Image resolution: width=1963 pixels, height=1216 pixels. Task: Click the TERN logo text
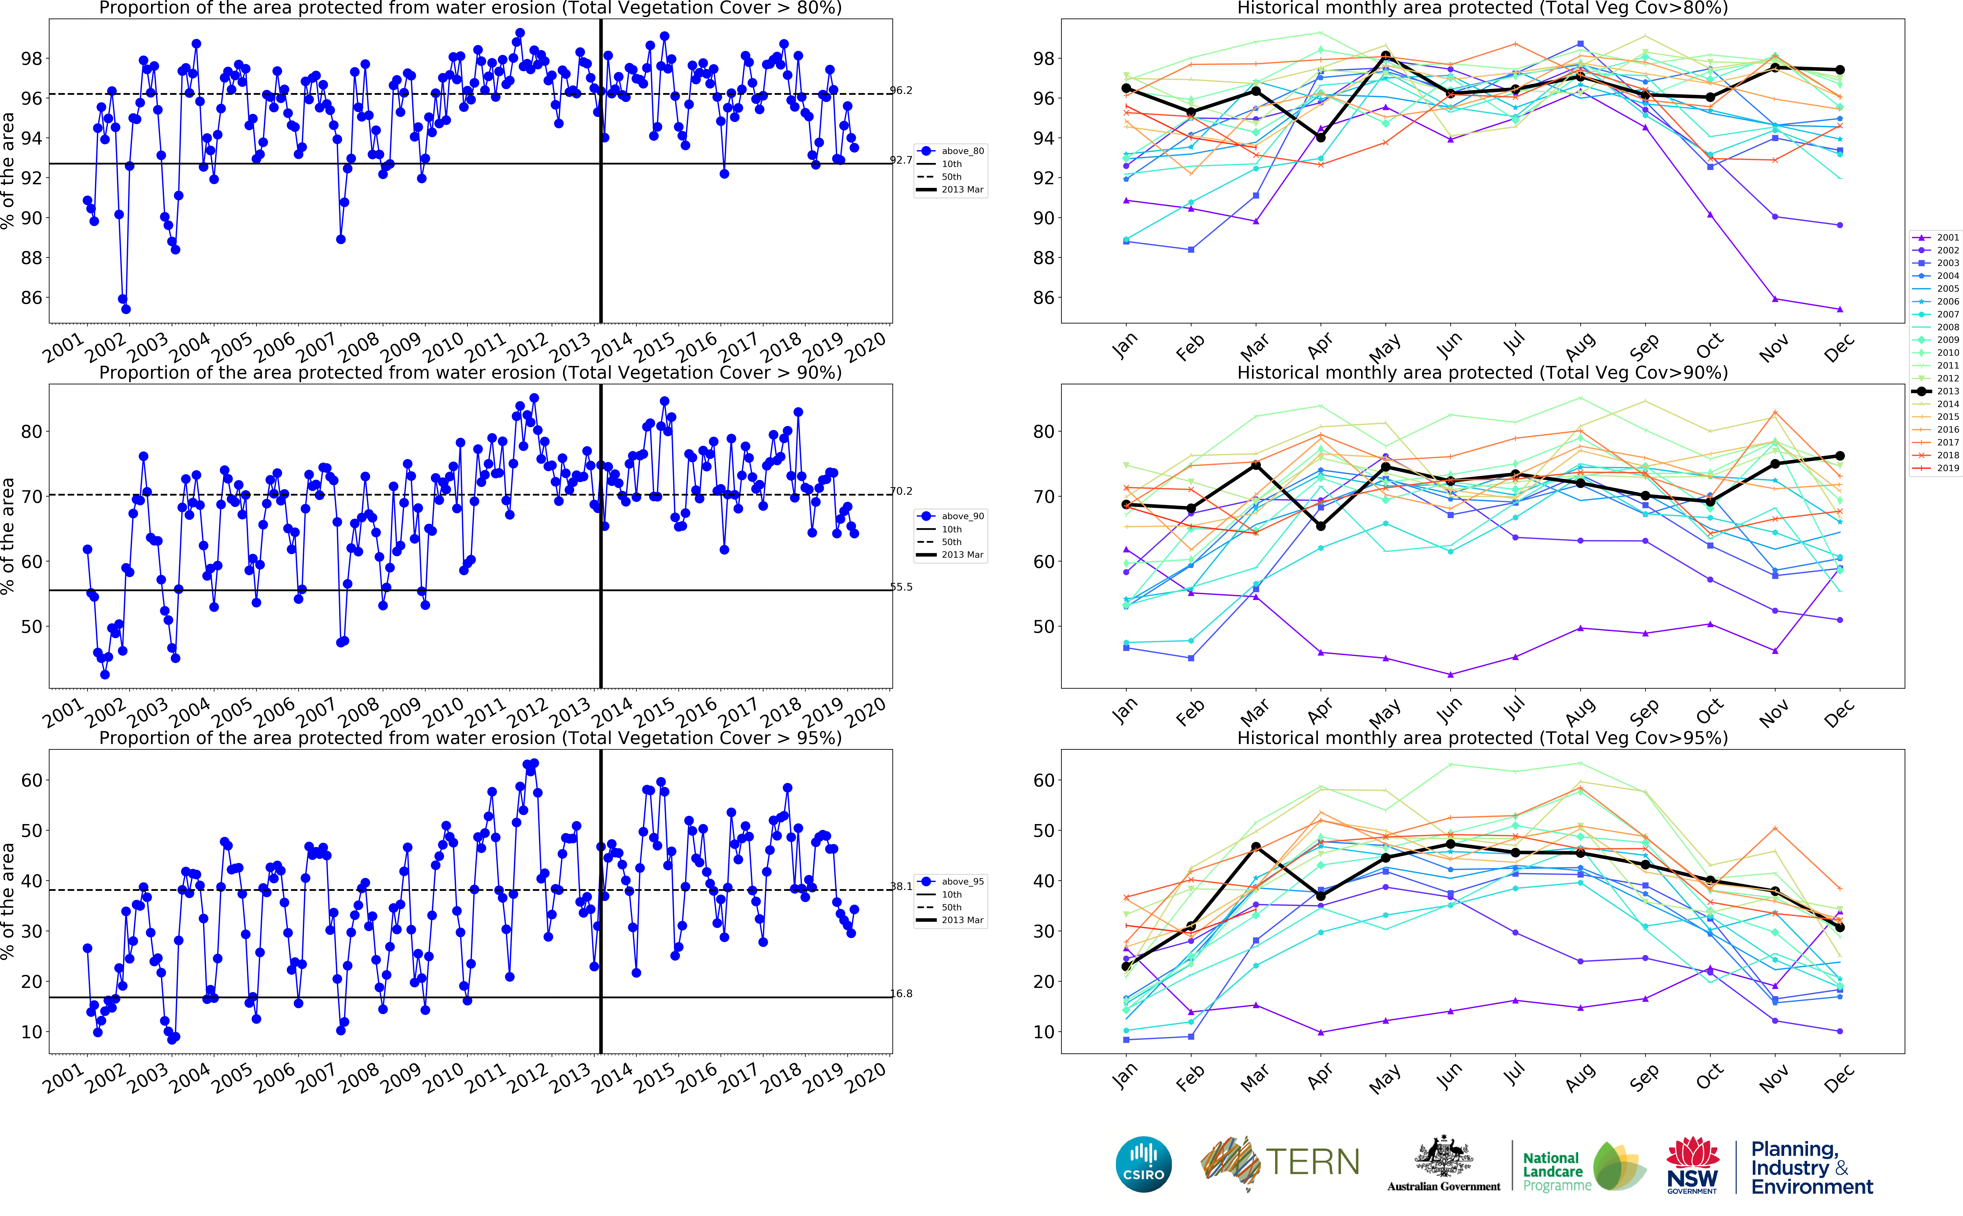click(1312, 1162)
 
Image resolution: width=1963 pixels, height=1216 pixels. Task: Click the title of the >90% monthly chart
click(1482, 372)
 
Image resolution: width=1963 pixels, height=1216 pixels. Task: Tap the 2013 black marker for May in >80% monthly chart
click(1386, 56)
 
